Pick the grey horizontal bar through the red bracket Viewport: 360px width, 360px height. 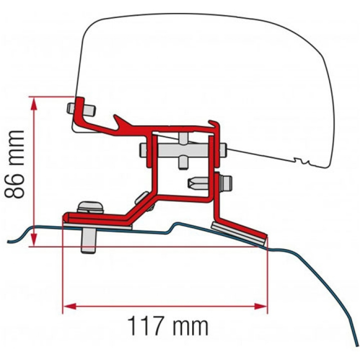click(x=183, y=149)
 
